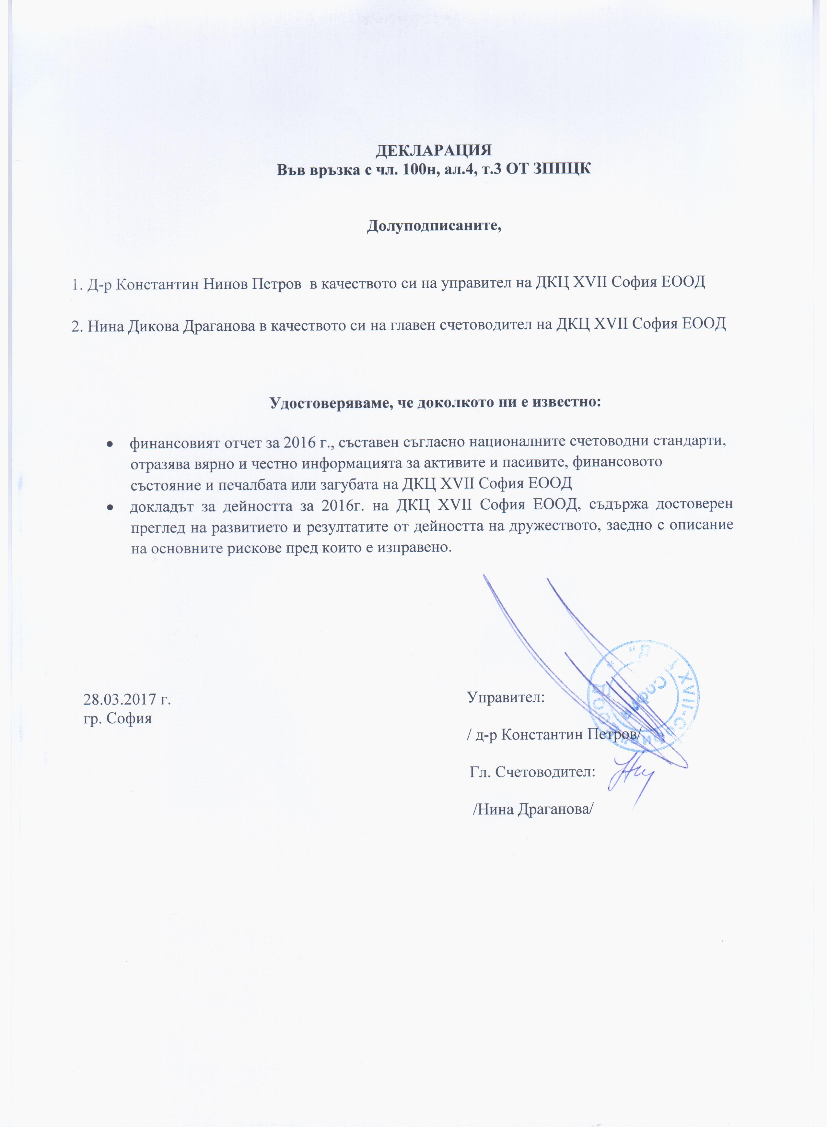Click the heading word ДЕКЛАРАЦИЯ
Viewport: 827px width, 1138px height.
tap(434, 150)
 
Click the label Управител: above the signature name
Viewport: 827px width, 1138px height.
tap(506, 697)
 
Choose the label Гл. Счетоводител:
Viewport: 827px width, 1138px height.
tap(533, 772)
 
